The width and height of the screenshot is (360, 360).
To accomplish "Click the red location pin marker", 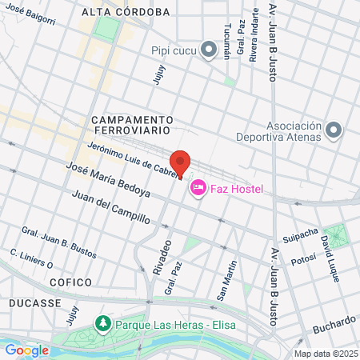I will (181, 162).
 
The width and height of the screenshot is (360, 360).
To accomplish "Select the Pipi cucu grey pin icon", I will (209, 50).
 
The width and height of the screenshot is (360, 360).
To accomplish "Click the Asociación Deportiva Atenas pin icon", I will (334, 130).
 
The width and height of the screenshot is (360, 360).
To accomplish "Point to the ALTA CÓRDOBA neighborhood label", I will (126, 12).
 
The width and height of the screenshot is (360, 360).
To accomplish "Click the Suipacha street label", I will (301, 238).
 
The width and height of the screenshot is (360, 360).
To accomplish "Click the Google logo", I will (26, 350).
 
